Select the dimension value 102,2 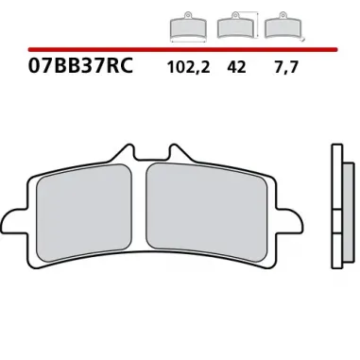pos(186,69)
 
